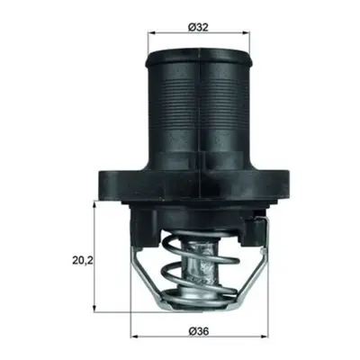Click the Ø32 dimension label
pos(198,27)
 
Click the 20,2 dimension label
pos(83,260)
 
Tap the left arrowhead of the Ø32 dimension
pos(151,32)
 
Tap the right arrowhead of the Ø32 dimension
pos(246,32)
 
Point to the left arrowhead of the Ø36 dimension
pos(135,337)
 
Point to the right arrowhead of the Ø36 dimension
pos(265,337)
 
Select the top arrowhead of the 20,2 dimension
pos(94,205)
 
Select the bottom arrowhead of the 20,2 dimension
pos(94,308)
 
